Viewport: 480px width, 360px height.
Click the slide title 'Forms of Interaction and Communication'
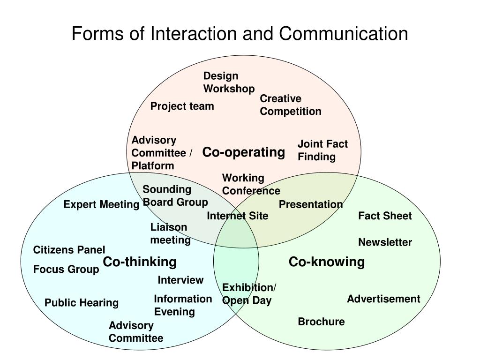click(x=240, y=34)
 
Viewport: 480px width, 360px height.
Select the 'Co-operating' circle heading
click(x=243, y=152)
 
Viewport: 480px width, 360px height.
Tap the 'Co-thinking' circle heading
click(x=140, y=262)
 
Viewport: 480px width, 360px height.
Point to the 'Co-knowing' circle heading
click(x=326, y=262)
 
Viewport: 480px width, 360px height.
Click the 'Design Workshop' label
click(x=229, y=82)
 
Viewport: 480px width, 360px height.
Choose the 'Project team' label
click(x=182, y=106)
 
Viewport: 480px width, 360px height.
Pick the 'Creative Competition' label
click(x=291, y=105)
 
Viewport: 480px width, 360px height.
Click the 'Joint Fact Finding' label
click(x=322, y=150)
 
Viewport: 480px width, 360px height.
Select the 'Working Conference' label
click(x=251, y=184)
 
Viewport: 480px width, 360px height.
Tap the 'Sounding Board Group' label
click(x=175, y=195)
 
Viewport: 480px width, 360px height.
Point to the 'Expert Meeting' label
click(x=101, y=204)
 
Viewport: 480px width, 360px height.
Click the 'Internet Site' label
click(x=238, y=216)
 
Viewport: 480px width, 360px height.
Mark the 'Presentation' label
click(x=311, y=204)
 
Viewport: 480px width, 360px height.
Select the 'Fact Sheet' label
click(x=385, y=216)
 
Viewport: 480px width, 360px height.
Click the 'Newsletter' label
click(x=385, y=242)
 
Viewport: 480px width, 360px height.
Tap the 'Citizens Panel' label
click(x=69, y=250)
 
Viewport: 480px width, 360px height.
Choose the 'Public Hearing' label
click(x=82, y=303)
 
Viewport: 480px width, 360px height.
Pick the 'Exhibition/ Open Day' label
click(x=249, y=294)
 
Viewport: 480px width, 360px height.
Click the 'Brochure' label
click(x=321, y=322)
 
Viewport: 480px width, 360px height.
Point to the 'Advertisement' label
click(x=383, y=299)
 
